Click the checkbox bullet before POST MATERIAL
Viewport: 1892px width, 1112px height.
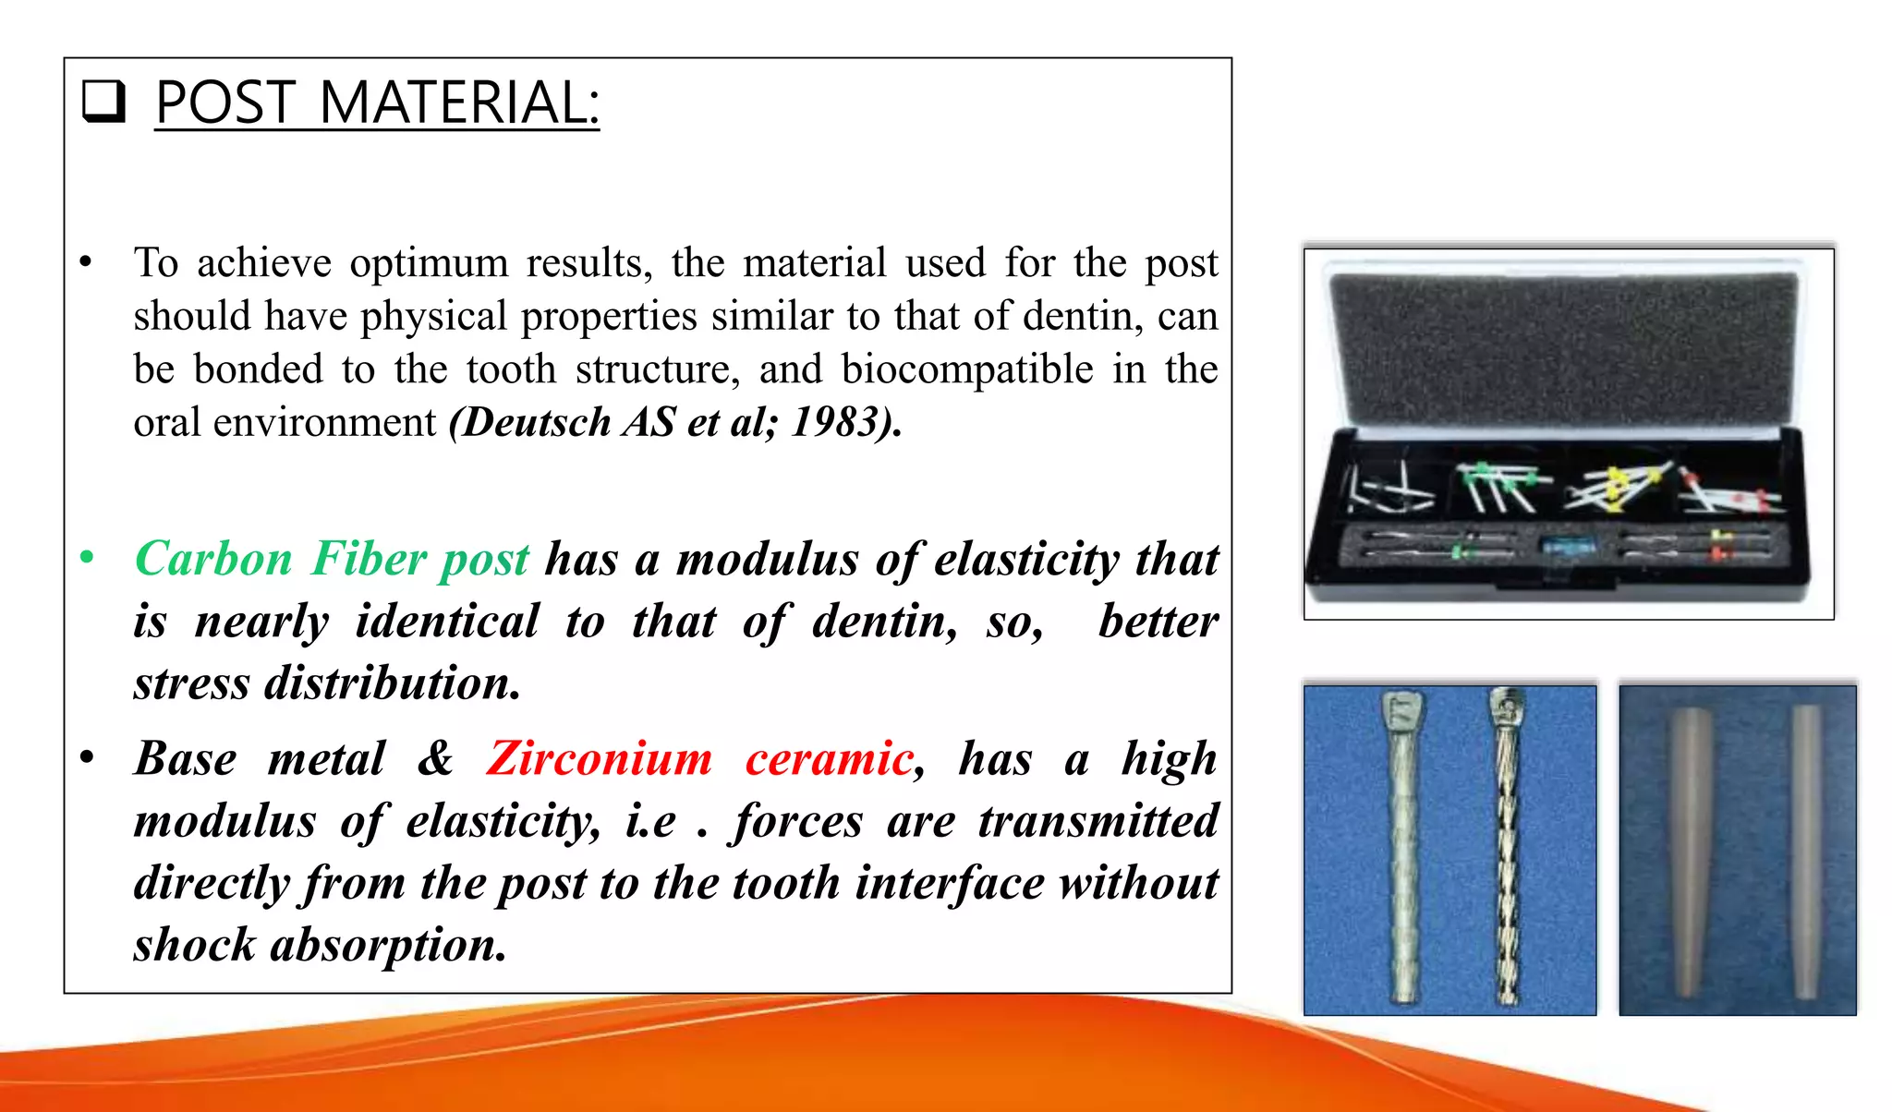(x=103, y=102)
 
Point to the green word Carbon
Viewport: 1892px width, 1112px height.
(x=213, y=560)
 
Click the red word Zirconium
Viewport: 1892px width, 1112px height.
(x=599, y=759)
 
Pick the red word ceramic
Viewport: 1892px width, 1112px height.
(x=829, y=759)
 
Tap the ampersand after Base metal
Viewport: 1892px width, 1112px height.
(x=435, y=759)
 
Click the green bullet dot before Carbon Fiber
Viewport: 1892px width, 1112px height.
(x=87, y=558)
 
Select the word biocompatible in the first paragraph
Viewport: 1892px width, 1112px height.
(x=966, y=369)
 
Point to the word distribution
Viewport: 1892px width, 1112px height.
(x=392, y=683)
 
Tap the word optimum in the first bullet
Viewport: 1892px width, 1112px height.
(x=429, y=263)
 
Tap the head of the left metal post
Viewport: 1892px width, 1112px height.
(x=1402, y=711)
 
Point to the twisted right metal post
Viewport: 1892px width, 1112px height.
(x=1507, y=850)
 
